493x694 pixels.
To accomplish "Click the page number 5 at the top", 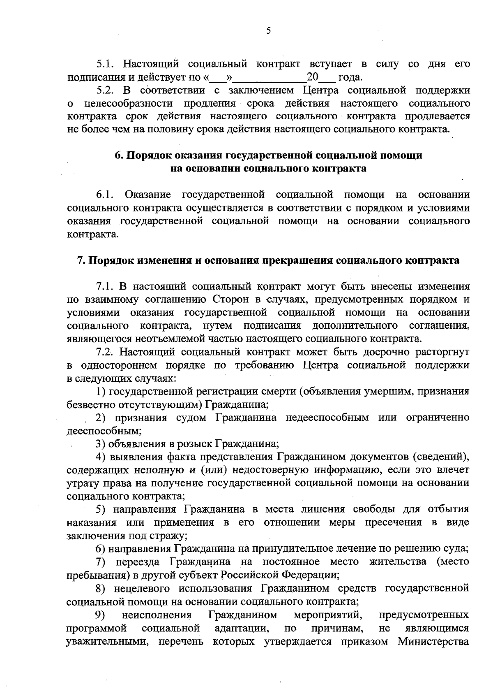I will tap(268, 30).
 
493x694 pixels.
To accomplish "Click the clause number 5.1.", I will tap(107, 64).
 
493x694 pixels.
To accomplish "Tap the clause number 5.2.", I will tap(107, 90).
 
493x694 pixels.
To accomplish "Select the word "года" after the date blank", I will tap(350, 77).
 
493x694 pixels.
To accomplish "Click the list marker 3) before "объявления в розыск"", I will tap(100, 444).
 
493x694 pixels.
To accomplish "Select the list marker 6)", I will tap(100, 549).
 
